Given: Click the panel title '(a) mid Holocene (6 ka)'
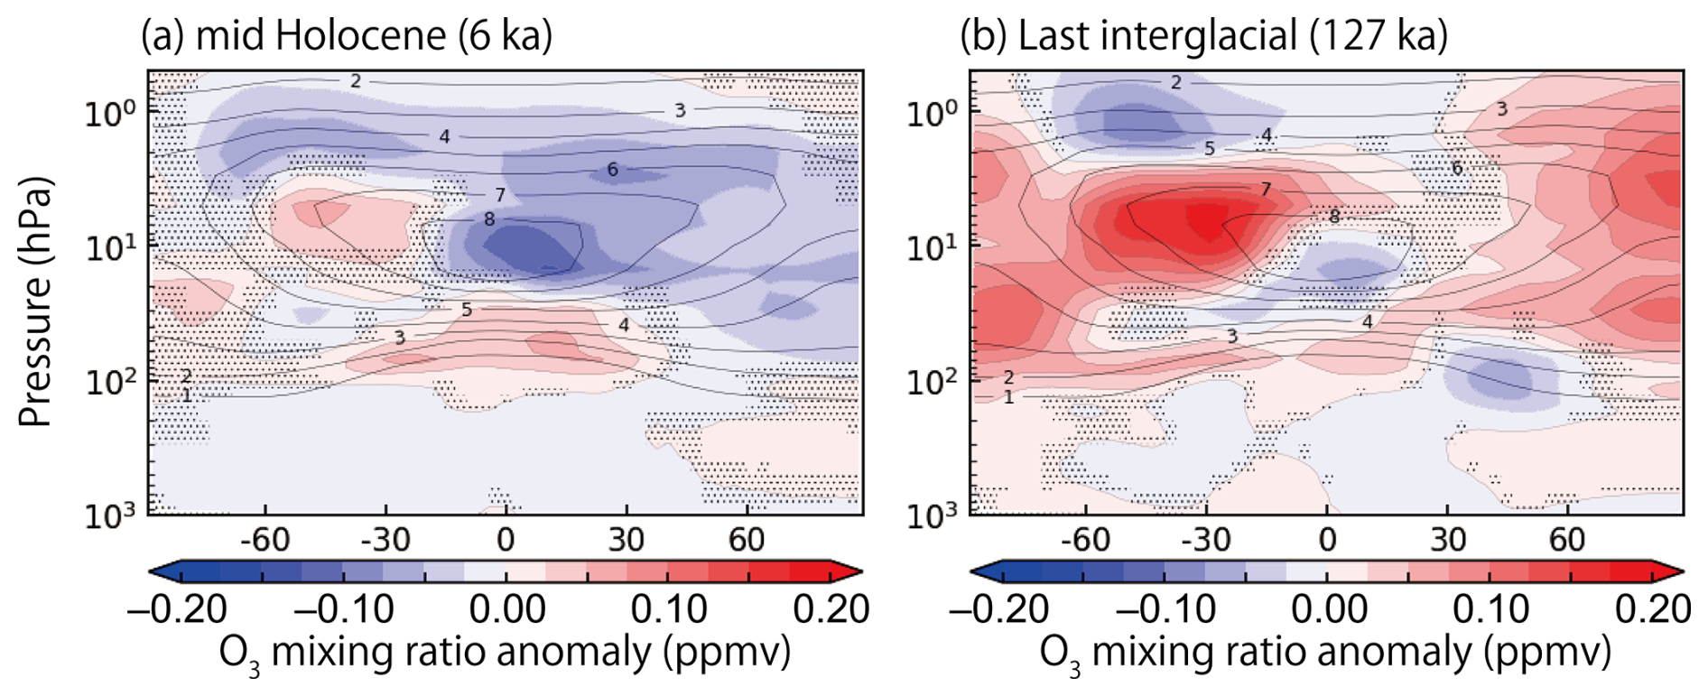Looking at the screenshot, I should pos(346,36).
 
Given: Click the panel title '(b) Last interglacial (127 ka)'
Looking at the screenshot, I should pos(1202,36).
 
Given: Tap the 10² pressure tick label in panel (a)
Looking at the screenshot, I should pos(110,382).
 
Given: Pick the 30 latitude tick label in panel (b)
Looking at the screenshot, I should pos(1447,540).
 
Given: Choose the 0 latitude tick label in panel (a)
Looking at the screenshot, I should pos(506,540).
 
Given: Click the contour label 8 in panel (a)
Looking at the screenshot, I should pos(489,219).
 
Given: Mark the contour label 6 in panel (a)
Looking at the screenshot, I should pos(613,170).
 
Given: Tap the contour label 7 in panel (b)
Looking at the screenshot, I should pos(1266,190).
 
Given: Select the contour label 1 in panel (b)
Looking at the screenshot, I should pos(1008,397).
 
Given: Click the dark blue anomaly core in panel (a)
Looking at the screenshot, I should pos(528,248).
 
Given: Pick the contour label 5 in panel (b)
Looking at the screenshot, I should pos(1210,149).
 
